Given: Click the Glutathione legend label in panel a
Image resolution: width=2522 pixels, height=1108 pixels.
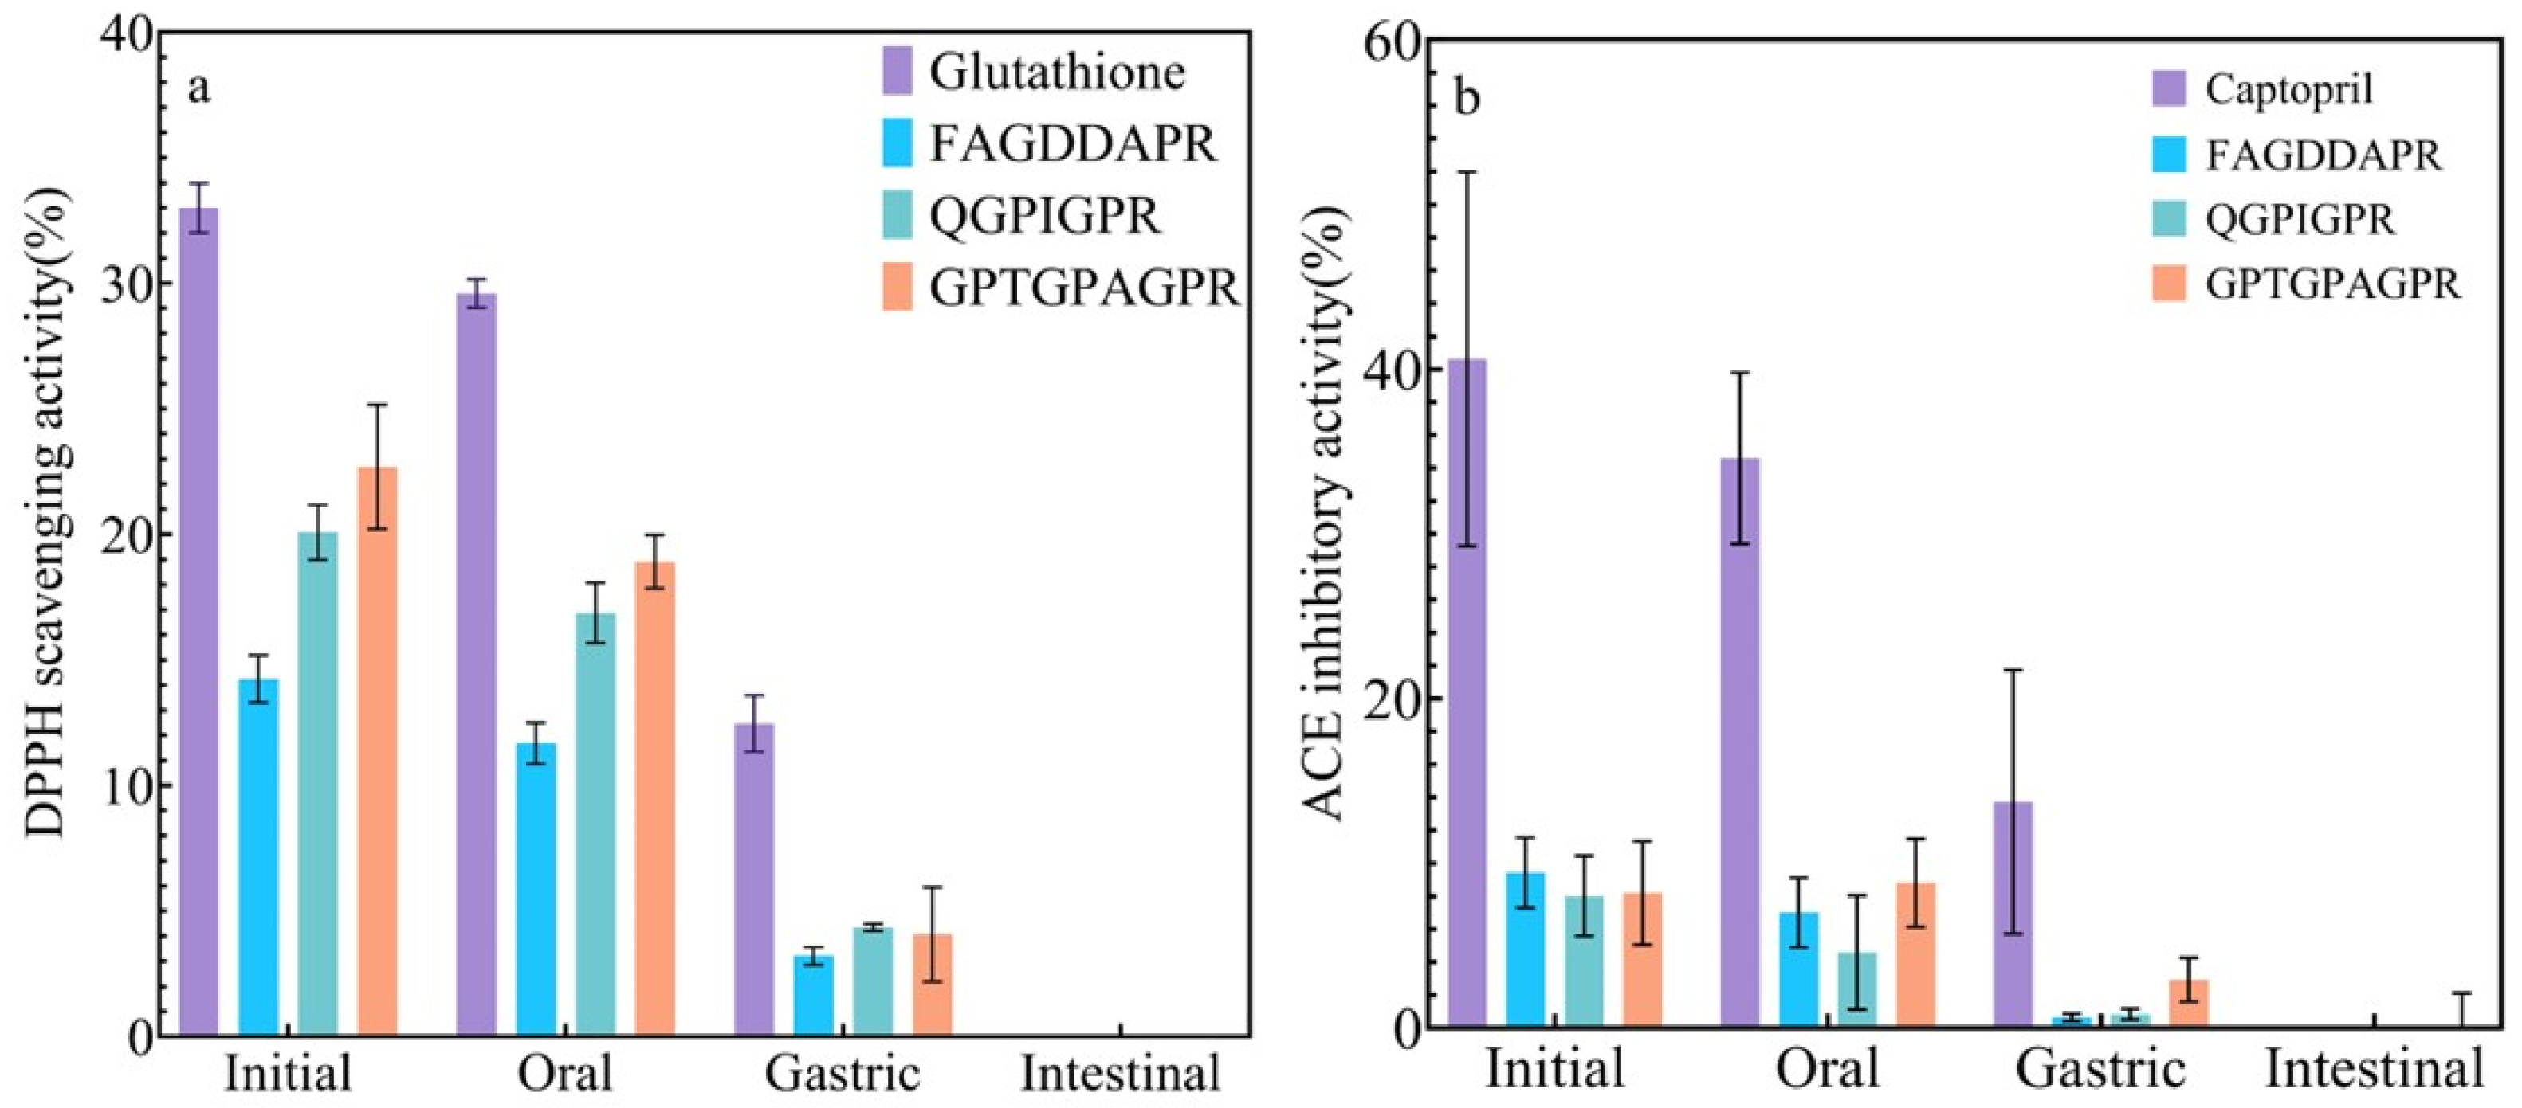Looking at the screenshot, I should coord(1058,72).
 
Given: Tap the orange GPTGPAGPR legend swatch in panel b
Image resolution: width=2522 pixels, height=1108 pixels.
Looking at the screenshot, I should coord(2169,283).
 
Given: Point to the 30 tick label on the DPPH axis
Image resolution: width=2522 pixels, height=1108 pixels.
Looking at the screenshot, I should coord(128,284).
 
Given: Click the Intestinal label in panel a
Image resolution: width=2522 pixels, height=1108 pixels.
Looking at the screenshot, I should coord(1120,1074).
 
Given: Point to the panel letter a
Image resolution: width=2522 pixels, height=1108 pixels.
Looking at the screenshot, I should coord(198,88).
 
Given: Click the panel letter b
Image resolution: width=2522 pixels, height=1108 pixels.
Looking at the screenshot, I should coord(1467,98).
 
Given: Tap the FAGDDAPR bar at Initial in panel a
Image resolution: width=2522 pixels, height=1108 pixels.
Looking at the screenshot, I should coord(258,856).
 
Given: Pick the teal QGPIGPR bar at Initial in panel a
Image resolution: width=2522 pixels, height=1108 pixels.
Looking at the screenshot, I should coord(318,783).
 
